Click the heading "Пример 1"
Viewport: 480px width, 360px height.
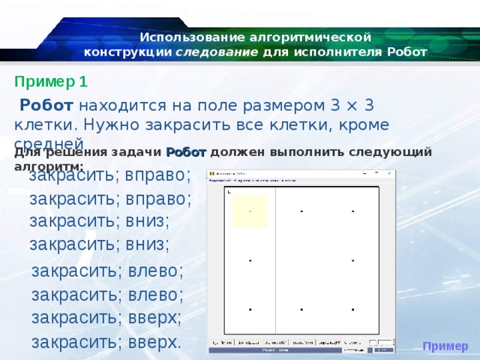pos(51,82)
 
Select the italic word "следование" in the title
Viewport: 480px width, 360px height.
pos(217,52)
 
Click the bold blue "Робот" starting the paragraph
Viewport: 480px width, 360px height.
pos(46,106)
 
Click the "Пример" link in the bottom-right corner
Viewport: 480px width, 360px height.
pos(445,346)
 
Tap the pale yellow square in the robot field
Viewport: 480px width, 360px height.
pos(250,211)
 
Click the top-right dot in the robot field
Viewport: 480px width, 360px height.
pos(352,211)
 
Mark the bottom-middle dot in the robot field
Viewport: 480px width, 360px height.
pos(301,309)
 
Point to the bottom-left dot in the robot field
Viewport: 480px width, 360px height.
pos(250,309)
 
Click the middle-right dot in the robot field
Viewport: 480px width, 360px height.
pos(352,260)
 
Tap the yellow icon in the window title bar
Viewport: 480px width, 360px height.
pos(212,174)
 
